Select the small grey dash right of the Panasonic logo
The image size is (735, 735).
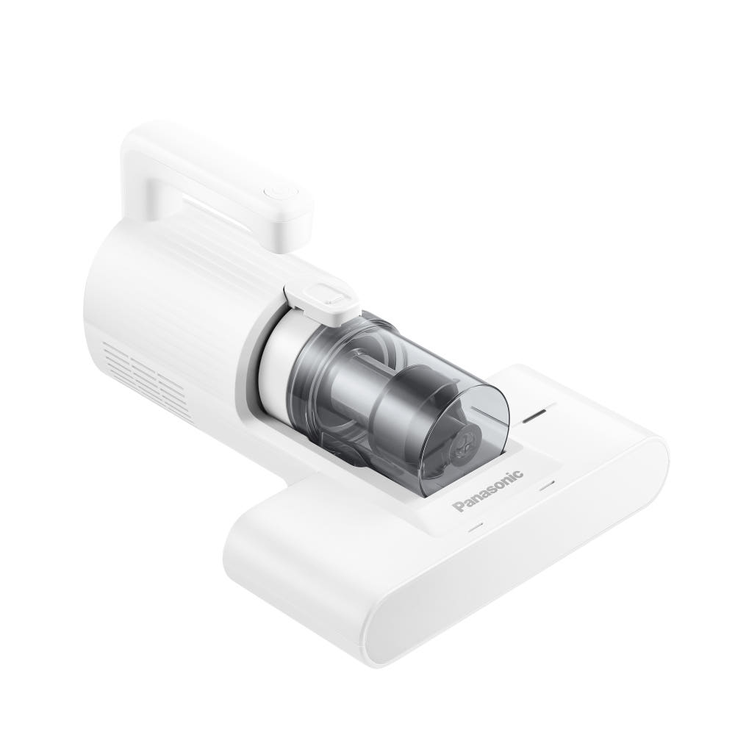pyautogui.click(x=547, y=486)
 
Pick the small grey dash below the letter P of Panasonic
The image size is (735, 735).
pyautogui.click(x=475, y=527)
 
